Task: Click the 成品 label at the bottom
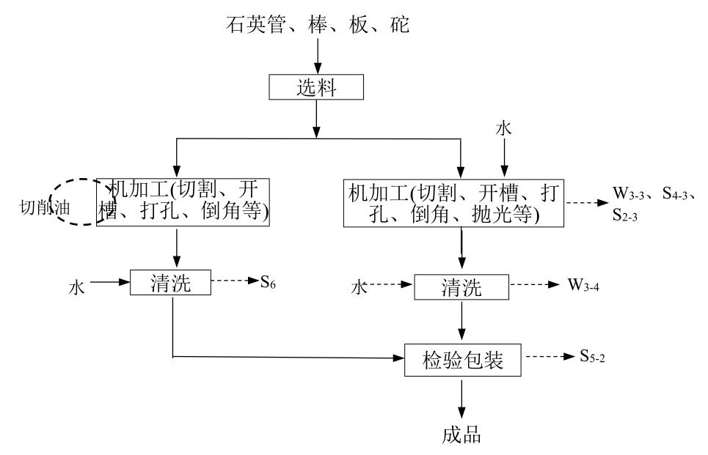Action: (461, 434)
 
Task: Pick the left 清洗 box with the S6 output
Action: (171, 282)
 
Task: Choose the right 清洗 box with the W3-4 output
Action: (461, 286)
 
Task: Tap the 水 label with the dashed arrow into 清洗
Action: (359, 287)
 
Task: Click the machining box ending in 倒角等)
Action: (183, 201)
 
